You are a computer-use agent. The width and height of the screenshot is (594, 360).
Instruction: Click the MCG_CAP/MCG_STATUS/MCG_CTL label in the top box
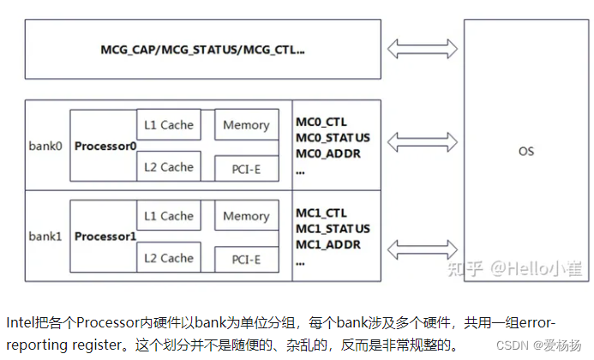click(202, 50)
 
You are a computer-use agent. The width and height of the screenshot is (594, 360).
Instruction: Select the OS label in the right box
click(526, 152)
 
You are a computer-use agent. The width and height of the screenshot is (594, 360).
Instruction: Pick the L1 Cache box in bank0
click(169, 125)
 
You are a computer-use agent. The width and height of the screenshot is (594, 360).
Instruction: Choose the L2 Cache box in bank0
click(169, 166)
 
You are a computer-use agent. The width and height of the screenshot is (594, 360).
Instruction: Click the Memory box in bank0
click(246, 125)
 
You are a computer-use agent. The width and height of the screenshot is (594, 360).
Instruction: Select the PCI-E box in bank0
click(246, 169)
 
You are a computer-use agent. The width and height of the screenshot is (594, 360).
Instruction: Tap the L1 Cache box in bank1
click(169, 216)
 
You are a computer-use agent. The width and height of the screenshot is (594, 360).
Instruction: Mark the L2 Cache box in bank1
click(169, 257)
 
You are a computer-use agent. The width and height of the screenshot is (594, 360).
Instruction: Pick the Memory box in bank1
click(246, 216)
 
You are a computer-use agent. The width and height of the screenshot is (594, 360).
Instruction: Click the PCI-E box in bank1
click(246, 259)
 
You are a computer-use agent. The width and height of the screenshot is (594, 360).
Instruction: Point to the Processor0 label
click(105, 146)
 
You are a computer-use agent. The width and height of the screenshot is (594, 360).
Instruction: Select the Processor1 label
click(105, 236)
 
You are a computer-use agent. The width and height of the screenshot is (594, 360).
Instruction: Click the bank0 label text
click(45, 145)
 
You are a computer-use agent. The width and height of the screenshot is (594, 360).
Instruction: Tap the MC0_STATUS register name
click(333, 138)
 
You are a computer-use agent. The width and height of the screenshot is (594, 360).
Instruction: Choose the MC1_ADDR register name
click(329, 245)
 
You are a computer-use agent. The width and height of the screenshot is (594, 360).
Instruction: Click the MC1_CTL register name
click(323, 213)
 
